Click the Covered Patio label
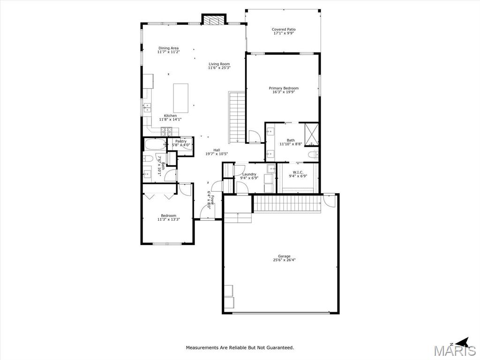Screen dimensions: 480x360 click(284, 30)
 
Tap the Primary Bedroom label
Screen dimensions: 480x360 click(284, 88)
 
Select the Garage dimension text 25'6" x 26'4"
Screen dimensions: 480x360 click(284, 260)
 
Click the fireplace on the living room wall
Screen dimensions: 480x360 click(214, 20)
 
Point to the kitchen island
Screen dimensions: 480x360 click(180, 98)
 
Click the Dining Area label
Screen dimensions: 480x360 click(168, 48)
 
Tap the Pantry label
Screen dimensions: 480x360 click(181, 141)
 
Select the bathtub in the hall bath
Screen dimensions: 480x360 click(155, 144)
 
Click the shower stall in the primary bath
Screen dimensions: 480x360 click(311, 134)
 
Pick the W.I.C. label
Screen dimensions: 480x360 click(298, 172)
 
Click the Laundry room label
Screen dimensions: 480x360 click(249, 174)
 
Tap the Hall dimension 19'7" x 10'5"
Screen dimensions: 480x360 click(217, 154)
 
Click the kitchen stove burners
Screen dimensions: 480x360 click(166, 131)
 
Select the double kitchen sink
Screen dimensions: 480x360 click(147, 108)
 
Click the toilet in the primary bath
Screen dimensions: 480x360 click(313, 154)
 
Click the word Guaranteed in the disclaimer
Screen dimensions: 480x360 click(280, 347)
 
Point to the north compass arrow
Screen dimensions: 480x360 click(462, 343)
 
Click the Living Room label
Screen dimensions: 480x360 click(219, 64)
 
